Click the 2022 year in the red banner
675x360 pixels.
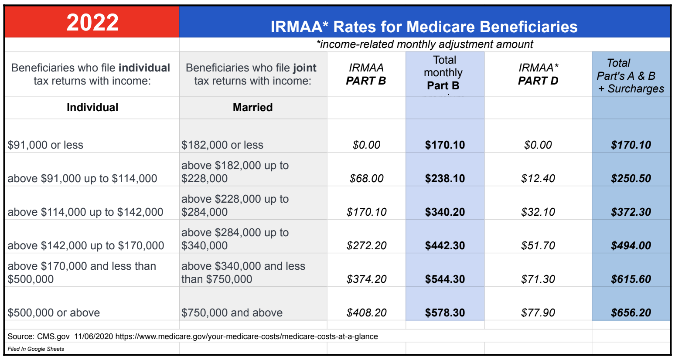tap(92, 23)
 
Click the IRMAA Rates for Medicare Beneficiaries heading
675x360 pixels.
tap(424, 27)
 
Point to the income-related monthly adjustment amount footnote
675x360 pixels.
tap(424, 44)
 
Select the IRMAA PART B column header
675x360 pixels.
tap(366, 74)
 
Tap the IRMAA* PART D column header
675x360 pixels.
tap(538, 74)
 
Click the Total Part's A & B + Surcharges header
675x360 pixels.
tap(631, 76)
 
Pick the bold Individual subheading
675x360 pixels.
tap(92, 108)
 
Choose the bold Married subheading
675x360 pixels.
tap(252, 108)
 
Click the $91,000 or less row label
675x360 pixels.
tap(45, 145)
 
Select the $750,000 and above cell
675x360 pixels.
tap(232, 313)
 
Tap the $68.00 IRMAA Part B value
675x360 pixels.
tap(366, 179)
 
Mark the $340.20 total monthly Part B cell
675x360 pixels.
tap(445, 212)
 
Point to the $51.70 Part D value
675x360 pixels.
tap(538, 246)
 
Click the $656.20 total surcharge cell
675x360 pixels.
tap(631, 313)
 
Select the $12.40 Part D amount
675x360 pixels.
tap(538, 179)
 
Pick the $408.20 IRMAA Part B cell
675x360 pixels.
tap(366, 313)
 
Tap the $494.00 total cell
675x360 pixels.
tap(631, 246)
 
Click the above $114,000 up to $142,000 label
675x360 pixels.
tap(85, 212)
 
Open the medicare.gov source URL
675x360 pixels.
tap(246, 336)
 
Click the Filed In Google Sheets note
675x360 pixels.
tap(36, 349)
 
